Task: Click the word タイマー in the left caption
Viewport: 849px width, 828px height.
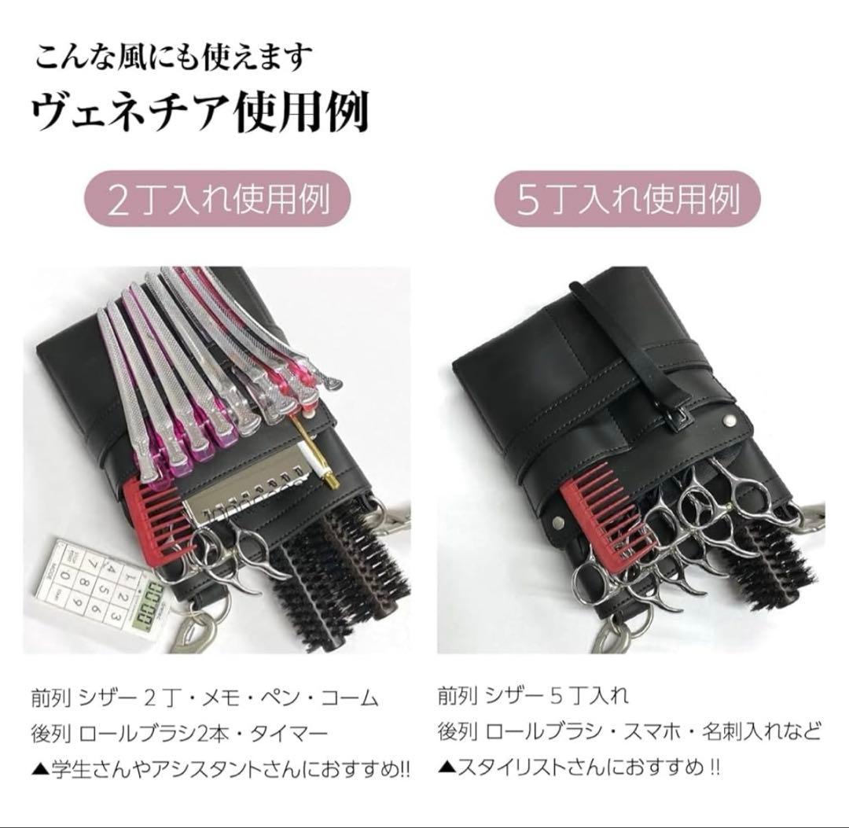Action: [x=289, y=735]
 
